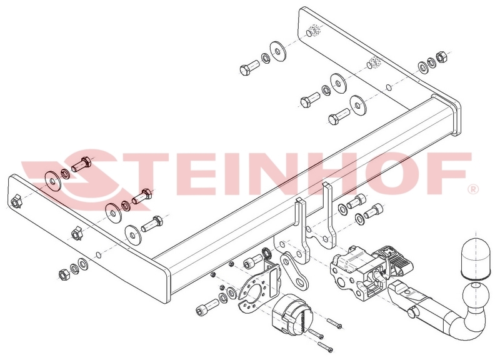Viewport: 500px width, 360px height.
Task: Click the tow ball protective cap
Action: click(474, 257)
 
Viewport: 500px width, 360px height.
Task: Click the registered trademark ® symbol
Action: click(472, 189)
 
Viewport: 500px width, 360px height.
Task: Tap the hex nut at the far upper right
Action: click(441, 56)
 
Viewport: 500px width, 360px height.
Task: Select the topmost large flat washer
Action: click(277, 51)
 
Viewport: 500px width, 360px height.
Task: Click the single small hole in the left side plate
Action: click(99, 254)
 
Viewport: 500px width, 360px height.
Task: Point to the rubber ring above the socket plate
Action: click(266, 253)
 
